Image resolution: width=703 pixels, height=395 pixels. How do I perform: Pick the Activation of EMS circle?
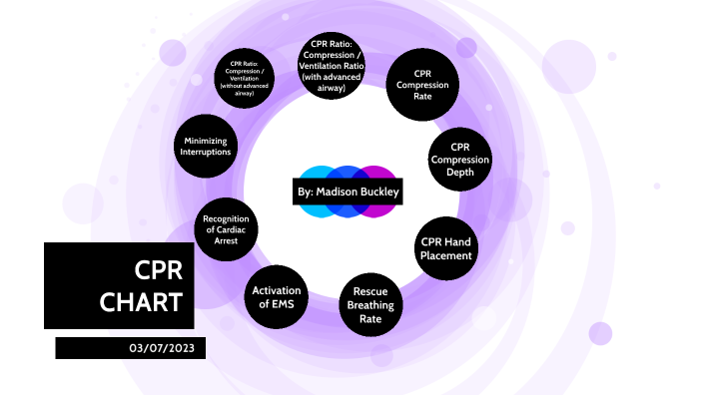click(x=276, y=296)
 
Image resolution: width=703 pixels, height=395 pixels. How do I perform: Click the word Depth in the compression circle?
click(x=460, y=173)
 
